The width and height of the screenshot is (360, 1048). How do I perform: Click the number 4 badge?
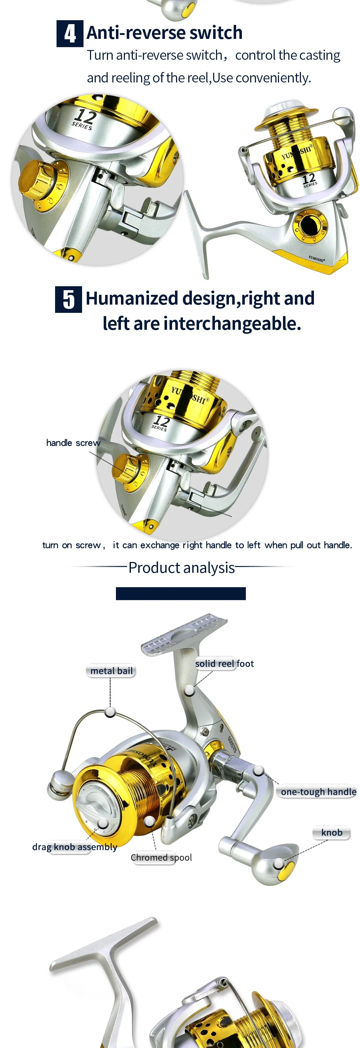[x=69, y=33]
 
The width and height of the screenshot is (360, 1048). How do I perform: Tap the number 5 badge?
[x=68, y=300]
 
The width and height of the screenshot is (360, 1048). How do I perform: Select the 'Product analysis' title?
[x=181, y=567]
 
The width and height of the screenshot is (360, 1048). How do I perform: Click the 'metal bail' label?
[x=111, y=671]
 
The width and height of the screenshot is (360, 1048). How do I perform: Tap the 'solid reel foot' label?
[x=224, y=664]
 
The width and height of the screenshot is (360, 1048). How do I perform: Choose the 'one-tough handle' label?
[x=318, y=792]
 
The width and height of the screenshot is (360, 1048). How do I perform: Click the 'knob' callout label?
[x=332, y=832]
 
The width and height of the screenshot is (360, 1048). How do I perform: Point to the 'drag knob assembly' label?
[x=75, y=847]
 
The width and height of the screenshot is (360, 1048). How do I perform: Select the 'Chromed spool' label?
[x=161, y=857]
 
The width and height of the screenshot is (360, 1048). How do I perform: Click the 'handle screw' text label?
[x=73, y=442]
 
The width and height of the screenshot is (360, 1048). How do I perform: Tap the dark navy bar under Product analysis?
[x=181, y=594]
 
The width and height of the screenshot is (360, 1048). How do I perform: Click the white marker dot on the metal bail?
[x=110, y=711]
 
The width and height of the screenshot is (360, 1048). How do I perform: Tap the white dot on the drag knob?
[x=103, y=823]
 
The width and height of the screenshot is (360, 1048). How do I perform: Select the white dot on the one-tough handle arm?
[x=259, y=770]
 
